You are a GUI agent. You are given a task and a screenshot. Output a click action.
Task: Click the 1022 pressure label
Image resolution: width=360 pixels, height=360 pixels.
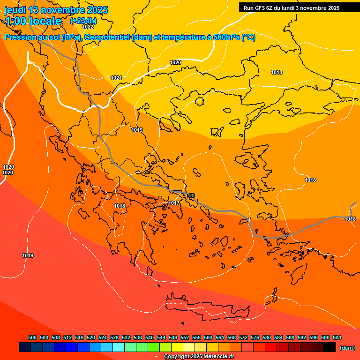[88, 27]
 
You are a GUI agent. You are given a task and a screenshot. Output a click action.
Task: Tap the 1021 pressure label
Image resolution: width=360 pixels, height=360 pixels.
[116, 78]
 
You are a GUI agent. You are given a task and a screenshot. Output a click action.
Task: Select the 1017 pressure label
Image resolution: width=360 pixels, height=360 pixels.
[174, 203]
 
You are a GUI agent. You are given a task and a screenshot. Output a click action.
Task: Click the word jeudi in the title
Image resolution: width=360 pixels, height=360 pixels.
[15, 10]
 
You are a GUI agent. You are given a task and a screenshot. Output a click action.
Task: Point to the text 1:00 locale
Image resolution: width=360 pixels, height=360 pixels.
[33, 21]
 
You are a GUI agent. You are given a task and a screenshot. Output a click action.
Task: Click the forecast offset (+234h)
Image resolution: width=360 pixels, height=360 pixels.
[83, 21]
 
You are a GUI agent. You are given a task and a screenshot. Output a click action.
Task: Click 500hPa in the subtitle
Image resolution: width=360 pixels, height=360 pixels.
[225, 37]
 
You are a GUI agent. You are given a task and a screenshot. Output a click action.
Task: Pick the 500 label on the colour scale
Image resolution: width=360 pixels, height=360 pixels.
[32, 337]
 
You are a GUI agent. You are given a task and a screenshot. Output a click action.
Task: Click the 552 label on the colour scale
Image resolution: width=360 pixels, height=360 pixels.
[185, 337]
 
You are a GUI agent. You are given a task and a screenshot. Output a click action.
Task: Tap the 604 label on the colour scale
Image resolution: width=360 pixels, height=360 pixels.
[337, 337]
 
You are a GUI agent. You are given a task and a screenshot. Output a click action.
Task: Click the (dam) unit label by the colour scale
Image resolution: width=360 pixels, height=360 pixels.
[347, 348]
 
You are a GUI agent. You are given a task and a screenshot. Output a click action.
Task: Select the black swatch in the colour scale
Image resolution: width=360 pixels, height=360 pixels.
[330, 347]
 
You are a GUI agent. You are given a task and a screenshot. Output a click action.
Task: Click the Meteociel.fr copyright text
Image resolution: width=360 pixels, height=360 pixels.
[199, 356]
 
